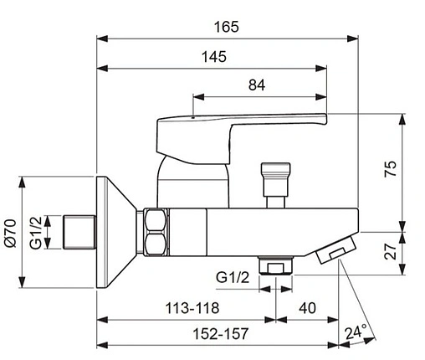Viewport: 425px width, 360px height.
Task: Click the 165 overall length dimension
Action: [x=227, y=27]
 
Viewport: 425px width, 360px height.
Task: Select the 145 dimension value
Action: [x=214, y=57]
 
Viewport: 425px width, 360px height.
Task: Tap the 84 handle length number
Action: [x=257, y=85]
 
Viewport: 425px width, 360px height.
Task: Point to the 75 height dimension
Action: [x=390, y=168]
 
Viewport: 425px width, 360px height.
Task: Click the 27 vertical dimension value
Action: [x=390, y=251]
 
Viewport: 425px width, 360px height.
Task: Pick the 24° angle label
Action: [x=356, y=332]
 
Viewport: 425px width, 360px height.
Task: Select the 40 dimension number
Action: [x=307, y=308]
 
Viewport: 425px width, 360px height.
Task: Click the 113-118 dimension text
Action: [x=192, y=308]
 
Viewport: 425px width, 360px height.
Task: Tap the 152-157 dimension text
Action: [x=220, y=334]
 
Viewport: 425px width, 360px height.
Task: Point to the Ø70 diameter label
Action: [x=11, y=233]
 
